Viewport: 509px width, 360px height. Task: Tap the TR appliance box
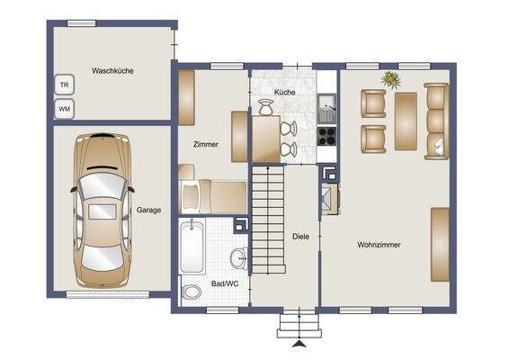[64, 85]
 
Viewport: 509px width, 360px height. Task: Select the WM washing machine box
[64, 109]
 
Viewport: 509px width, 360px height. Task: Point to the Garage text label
[148, 211]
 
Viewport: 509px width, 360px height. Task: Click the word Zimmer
[206, 144]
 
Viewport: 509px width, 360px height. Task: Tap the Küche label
[285, 93]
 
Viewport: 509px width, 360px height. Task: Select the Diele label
[301, 237]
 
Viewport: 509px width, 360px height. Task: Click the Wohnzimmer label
[379, 244]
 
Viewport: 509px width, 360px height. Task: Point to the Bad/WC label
[223, 283]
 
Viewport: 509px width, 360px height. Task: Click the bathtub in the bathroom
[192, 247]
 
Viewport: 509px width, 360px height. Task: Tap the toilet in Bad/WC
[192, 293]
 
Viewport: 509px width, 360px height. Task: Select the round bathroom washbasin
[238, 259]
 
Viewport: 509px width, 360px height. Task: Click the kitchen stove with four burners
[326, 139]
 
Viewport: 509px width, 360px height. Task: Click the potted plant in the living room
[391, 79]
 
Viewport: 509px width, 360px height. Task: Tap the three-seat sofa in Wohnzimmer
[437, 121]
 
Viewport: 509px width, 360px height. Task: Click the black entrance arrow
[298, 342]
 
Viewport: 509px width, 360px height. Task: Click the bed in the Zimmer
[212, 194]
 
